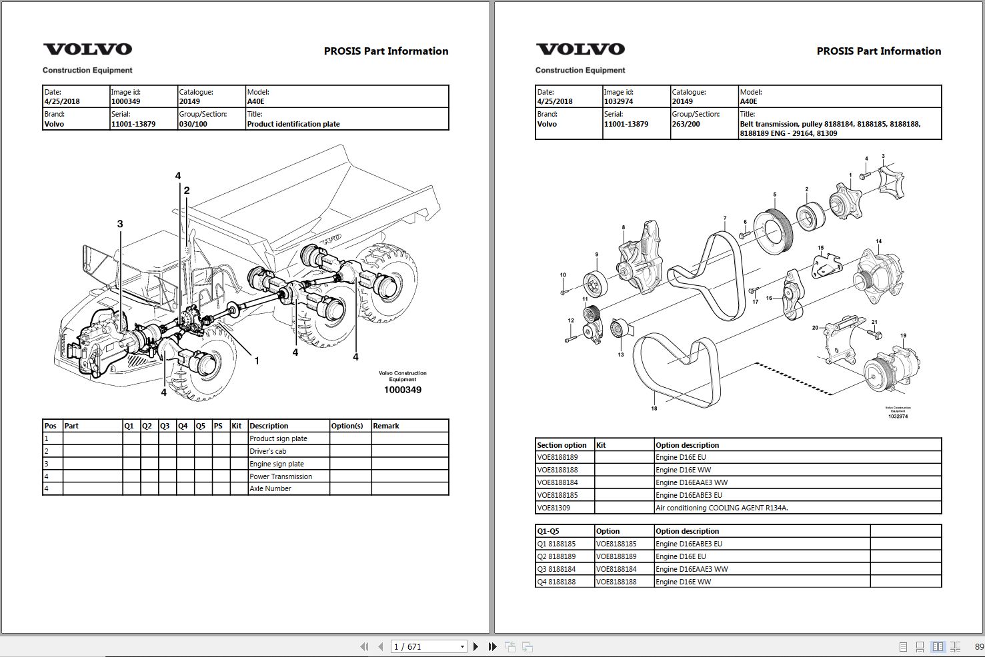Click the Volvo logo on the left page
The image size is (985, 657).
(87, 49)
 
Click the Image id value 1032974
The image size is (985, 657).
(618, 102)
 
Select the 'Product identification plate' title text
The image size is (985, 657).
(293, 124)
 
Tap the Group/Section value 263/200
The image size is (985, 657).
(686, 124)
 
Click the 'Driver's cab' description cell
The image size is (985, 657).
(267, 451)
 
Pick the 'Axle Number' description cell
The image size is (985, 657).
(270, 488)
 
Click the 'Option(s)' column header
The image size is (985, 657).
(347, 426)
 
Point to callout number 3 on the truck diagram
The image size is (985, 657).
(120, 224)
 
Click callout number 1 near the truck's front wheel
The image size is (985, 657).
(257, 360)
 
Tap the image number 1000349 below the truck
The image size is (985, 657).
(402, 390)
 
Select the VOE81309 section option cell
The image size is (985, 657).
(554, 508)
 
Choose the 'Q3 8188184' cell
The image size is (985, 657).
(556, 569)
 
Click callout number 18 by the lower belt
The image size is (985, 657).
(654, 408)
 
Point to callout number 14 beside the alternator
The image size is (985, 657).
(878, 241)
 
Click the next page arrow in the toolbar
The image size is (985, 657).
(475, 646)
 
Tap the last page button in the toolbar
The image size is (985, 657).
(492, 646)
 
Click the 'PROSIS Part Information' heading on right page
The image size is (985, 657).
(878, 51)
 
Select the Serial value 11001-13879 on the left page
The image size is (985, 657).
(133, 124)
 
